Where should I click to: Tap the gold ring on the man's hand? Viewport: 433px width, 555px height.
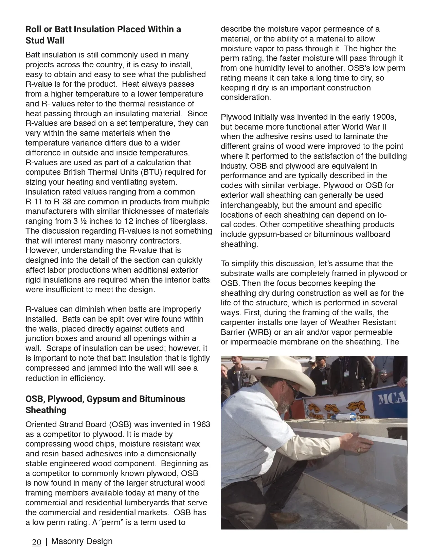click(359, 450)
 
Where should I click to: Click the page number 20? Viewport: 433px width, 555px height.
click(37, 542)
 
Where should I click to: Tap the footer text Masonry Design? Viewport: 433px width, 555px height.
click(82, 541)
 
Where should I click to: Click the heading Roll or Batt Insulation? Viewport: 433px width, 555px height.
click(103, 29)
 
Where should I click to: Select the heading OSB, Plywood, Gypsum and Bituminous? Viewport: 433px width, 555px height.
click(105, 399)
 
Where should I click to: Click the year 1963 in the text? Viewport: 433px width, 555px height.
click(201, 424)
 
